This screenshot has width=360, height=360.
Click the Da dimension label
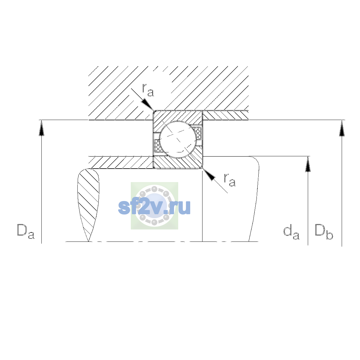[26, 232]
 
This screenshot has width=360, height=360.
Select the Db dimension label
[324, 232]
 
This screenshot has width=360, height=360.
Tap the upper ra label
[148, 90]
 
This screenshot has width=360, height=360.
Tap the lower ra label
[230, 180]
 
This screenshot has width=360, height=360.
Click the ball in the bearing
[178, 139]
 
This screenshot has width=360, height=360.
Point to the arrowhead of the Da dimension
[41, 128]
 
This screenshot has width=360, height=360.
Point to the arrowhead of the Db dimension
[342, 128]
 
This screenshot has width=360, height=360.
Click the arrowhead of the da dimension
[308, 164]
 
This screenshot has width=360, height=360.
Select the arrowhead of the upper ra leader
[148, 105]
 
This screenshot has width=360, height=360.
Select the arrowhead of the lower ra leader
[209, 175]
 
